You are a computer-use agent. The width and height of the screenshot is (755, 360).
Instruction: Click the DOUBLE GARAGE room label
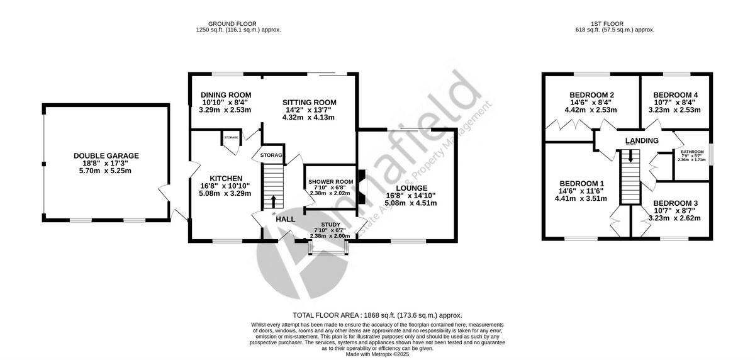click(106, 155)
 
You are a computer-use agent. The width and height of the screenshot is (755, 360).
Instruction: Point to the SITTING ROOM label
click(309, 103)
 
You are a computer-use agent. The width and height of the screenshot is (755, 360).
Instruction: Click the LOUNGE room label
click(411, 188)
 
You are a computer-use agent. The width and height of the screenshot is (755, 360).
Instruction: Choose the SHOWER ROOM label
click(330, 182)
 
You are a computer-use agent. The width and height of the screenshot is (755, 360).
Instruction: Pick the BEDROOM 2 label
click(591, 94)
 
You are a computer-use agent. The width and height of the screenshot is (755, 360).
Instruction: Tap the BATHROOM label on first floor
click(691, 152)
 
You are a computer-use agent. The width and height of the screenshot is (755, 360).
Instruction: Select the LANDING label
click(642, 140)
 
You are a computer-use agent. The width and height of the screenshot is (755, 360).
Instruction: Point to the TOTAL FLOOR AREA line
click(377, 315)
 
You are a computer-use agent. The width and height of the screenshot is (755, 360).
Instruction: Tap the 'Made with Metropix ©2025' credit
click(377, 354)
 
